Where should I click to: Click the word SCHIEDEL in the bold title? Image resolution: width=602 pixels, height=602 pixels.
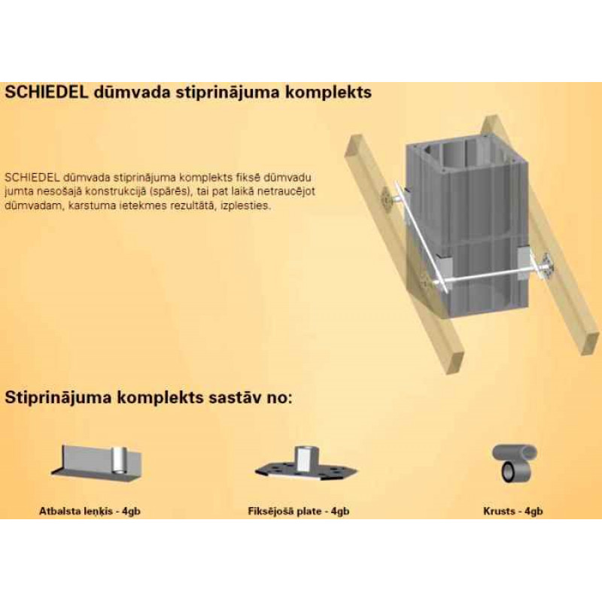click(x=47, y=92)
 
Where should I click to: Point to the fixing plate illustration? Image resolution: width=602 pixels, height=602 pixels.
click(x=306, y=465)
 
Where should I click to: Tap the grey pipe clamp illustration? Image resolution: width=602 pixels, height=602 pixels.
click(x=515, y=464)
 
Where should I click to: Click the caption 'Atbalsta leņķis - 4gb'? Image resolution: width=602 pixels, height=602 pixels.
click(x=90, y=512)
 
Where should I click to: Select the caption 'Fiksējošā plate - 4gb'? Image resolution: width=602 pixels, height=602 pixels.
click(x=299, y=512)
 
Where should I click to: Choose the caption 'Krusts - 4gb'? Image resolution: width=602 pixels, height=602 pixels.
click(x=513, y=512)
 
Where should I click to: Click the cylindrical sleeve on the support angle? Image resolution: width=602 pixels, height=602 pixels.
click(x=119, y=461)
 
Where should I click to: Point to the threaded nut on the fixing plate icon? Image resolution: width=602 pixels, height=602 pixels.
click(x=303, y=456)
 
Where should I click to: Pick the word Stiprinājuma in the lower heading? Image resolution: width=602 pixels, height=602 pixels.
click(x=57, y=398)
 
